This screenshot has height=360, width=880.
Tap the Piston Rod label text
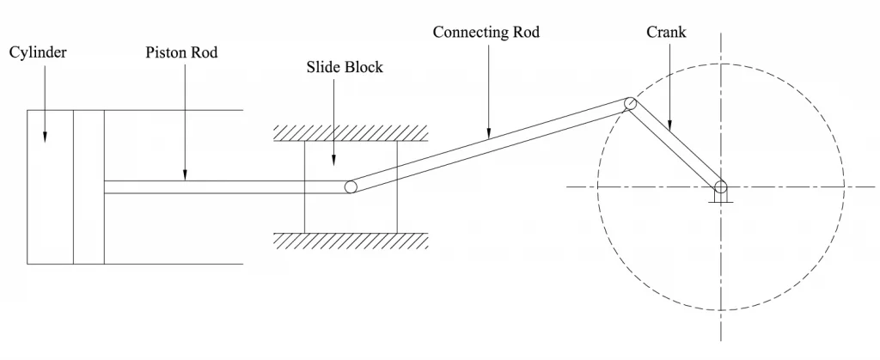pyautogui.click(x=181, y=53)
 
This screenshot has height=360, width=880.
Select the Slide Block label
pyautogui.click(x=345, y=68)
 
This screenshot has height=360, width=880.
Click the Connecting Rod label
pyautogui.click(x=486, y=33)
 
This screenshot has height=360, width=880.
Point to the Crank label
pyautogui.click(x=666, y=33)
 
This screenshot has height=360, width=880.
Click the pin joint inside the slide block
pyautogui.click(x=351, y=187)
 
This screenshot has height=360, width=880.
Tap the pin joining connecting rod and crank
pyautogui.click(x=630, y=103)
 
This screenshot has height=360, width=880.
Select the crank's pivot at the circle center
pyautogui.click(x=720, y=186)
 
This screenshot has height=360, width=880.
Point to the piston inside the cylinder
pyautogui.click(x=89, y=186)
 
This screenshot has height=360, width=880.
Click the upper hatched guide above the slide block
pyautogui.click(x=351, y=133)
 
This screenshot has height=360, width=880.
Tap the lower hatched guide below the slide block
pyautogui.click(x=351, y=240)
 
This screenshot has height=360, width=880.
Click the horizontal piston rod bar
pyautogui.click(x=223, y=186)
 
